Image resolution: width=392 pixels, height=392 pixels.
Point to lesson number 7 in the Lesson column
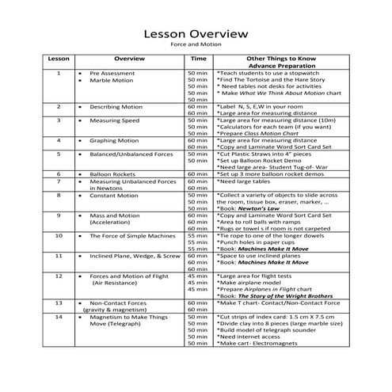[59, 181]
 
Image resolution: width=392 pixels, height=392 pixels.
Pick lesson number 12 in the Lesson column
[59, 276]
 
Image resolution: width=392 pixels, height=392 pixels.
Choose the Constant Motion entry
[114, 195]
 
